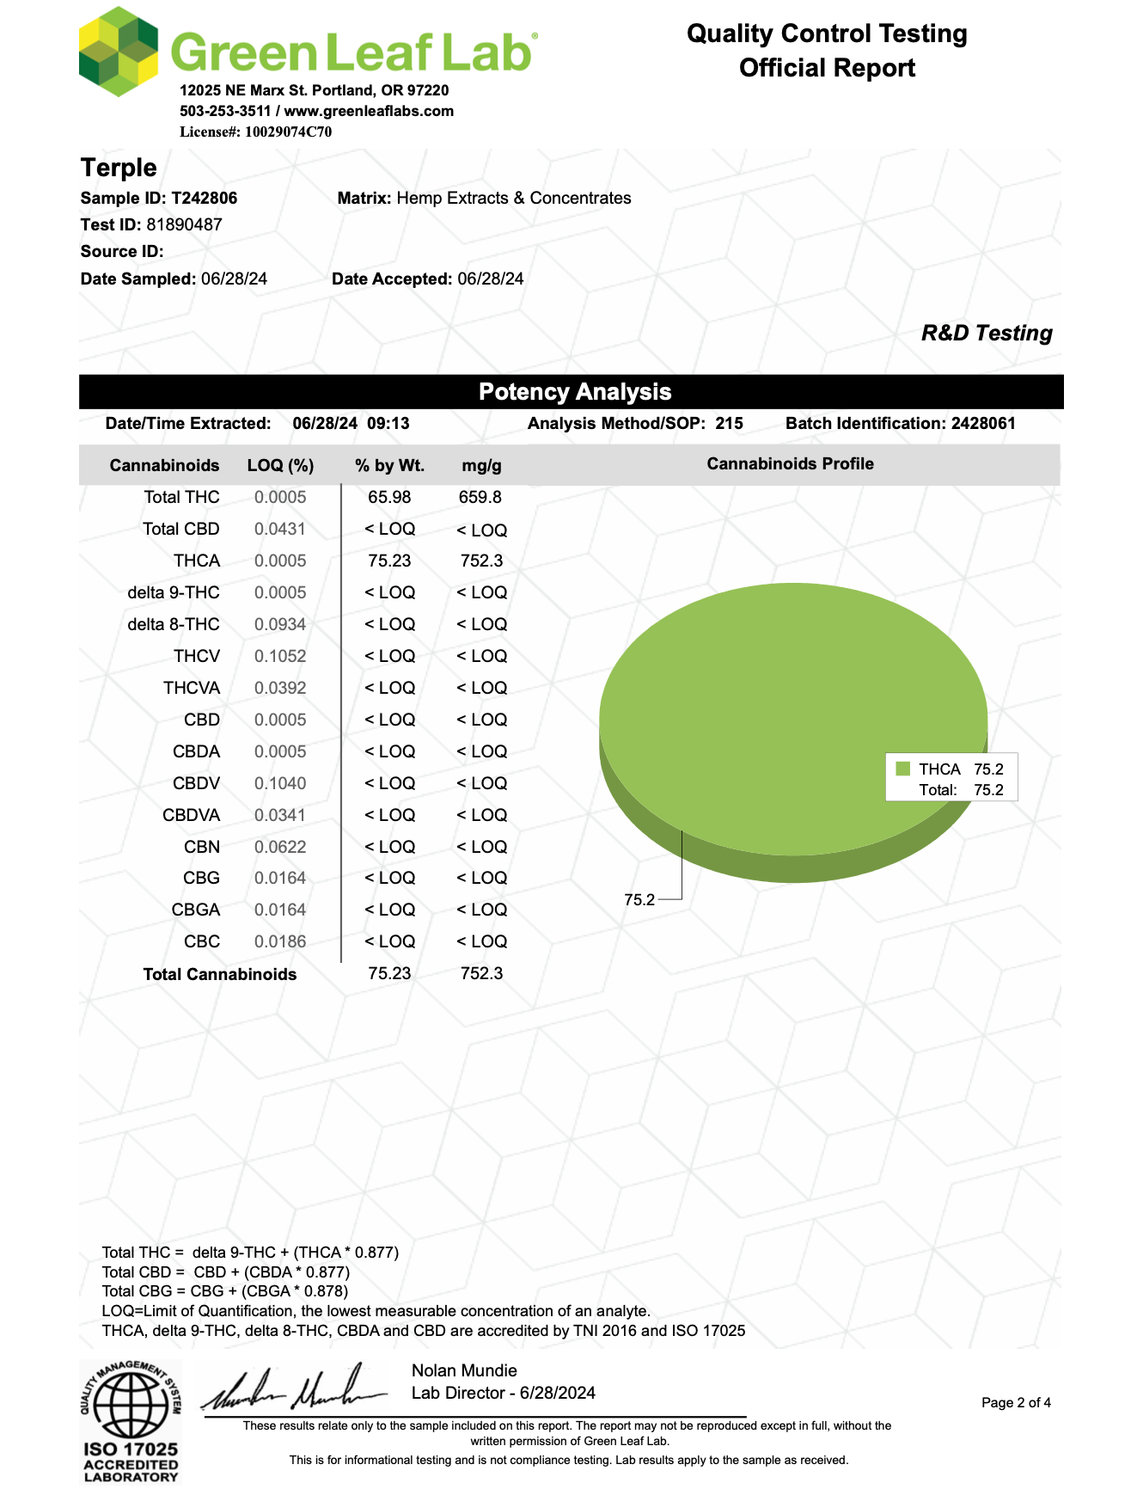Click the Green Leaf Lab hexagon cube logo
point(118,51)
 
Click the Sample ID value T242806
point(204,198)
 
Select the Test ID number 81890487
point(184,224)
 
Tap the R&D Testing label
point(986,333)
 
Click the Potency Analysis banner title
point(574,392)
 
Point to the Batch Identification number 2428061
point(982,423)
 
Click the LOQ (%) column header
point(280,465)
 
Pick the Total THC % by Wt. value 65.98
point(389,497)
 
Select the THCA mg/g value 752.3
point(481,561)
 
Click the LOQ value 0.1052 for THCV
point(280,656)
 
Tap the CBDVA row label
point(191,815)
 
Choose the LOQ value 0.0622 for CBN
point(280,847)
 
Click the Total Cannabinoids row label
point(219,974)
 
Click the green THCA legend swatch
point(902,769)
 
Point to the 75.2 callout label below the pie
point(639,899)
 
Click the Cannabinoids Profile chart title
point(790,463)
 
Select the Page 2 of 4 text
point(1016,1402)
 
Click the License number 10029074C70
point(288,132)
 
